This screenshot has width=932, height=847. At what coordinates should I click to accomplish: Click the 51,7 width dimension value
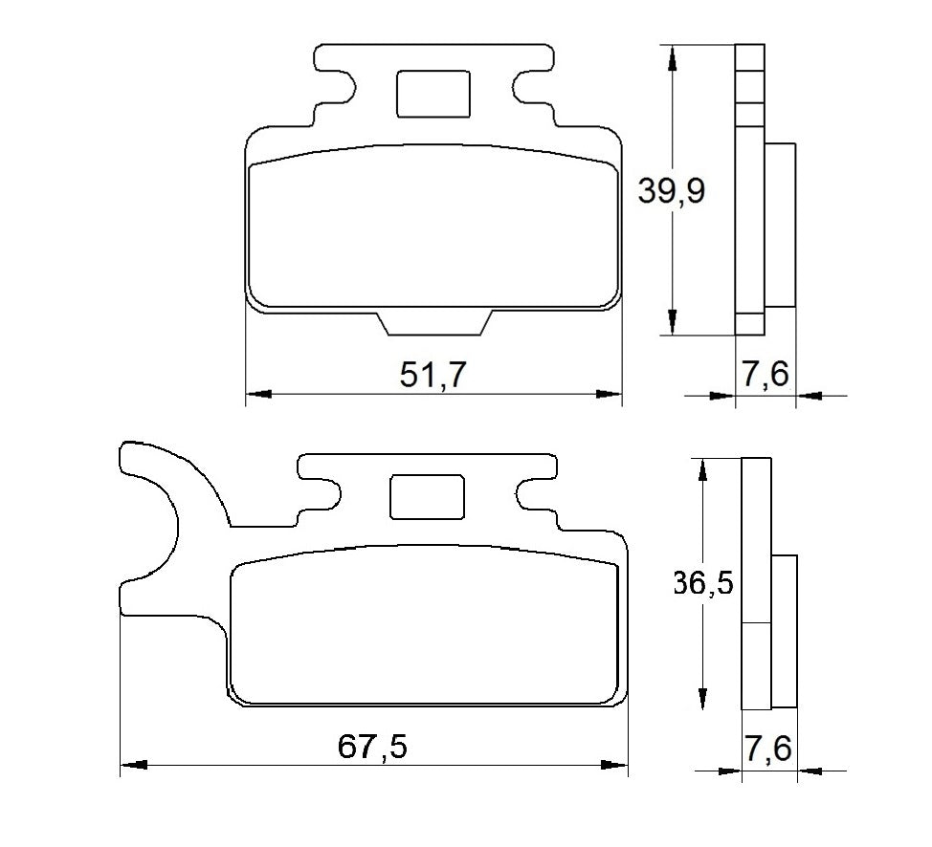point(433,375)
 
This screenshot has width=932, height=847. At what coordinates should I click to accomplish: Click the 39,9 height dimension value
point(672,191)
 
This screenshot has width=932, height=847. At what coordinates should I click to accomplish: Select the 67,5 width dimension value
point(372,747)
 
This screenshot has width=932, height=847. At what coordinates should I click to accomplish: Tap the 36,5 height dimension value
point(704,583)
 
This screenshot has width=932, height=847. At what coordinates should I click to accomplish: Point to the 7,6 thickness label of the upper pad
point(766,375)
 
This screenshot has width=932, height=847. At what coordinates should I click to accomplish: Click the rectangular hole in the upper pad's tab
point(433,95)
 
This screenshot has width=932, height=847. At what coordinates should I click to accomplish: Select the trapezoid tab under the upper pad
point(436,323)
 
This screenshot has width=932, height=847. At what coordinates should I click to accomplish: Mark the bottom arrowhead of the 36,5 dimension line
point(703,698)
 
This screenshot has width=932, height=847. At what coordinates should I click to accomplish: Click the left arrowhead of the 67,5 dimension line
point(133,765)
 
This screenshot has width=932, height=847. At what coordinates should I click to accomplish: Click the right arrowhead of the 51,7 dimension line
point(609,393)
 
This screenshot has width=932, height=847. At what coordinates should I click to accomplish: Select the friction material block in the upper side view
point(780,225)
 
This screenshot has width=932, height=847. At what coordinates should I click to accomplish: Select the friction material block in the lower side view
point(785,631)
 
